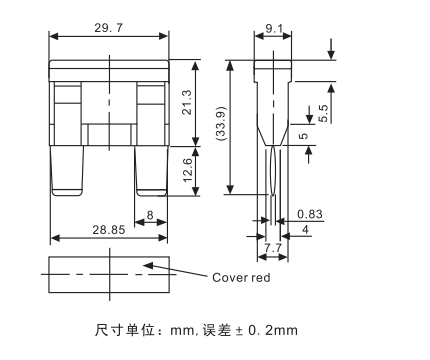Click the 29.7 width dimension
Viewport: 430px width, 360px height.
click(109, 28)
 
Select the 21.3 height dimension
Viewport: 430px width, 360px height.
click(187, 102)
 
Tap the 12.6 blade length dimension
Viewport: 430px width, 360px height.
click(188, 170)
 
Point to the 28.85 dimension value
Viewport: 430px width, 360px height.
click(109, 230)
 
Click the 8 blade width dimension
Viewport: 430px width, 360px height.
click(150, 215)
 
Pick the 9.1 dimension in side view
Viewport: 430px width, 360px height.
click(274, 29)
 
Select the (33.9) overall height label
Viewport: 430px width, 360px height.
click(221, 123)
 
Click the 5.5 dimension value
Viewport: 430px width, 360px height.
click(323, 113)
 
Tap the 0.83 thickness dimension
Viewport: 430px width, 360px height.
click(310, 214)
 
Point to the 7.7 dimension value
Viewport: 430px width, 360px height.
click(273, 248)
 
